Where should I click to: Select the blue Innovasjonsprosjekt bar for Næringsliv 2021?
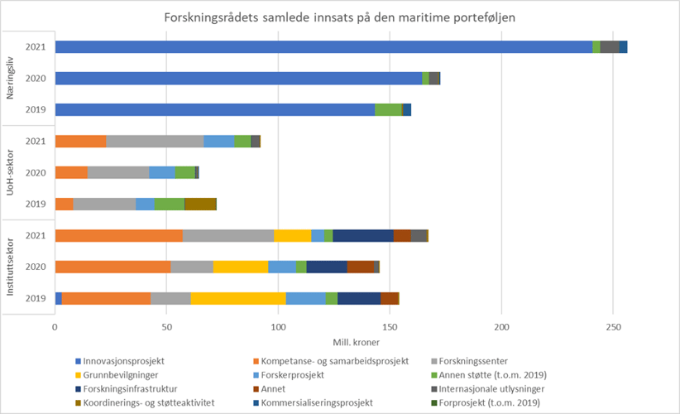coord(323,47)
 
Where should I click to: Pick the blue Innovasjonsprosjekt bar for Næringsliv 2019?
coord(214,109)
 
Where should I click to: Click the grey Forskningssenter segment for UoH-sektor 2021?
coord(155,141)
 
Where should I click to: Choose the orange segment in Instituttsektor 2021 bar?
coord(118,236)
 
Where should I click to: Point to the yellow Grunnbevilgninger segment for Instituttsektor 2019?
coord(238,298)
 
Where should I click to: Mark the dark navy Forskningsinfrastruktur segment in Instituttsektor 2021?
coord(362,236)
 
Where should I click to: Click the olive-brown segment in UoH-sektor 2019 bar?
coord(200,204)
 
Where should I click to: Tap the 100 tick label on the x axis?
coord(278,327)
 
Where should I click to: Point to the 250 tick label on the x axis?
coord(612,327)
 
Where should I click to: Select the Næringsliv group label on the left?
coord(11,78)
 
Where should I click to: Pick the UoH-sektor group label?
coord(11,172)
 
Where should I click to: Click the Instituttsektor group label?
coord(11,267)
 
